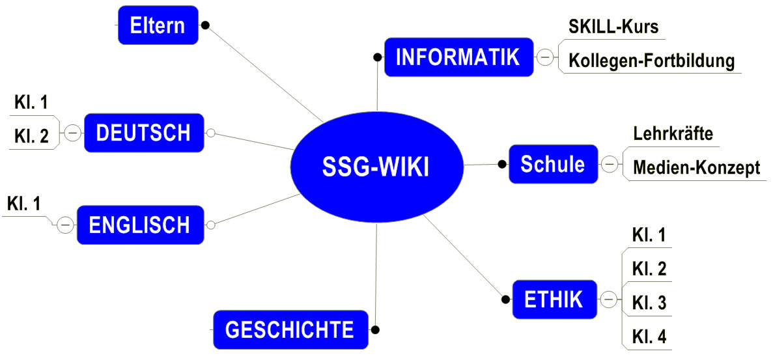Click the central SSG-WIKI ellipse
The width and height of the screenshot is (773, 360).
376,167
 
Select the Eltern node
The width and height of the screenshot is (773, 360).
158,25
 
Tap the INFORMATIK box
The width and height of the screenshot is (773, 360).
458,57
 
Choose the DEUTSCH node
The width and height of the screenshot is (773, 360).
143,133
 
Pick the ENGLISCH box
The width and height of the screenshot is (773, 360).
139,225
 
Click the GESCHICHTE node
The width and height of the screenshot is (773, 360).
289,329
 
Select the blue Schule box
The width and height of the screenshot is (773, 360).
552,164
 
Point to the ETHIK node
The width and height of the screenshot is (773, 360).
554,299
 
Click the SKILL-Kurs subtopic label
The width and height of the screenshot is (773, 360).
613,27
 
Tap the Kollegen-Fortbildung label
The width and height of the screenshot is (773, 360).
651,61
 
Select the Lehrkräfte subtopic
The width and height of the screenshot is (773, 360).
673,134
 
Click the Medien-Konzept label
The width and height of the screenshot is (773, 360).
696,167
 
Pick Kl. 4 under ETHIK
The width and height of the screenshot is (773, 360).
649,337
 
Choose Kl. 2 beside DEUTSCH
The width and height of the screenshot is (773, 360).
31,136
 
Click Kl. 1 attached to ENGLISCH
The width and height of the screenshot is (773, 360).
24,204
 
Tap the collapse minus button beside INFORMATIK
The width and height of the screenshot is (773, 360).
545,58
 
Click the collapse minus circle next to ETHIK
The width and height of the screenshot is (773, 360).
609,299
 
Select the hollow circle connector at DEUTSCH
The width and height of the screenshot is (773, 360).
210,133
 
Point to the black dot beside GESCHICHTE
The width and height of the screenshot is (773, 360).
375,329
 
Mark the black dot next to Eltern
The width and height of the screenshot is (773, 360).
205,25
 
